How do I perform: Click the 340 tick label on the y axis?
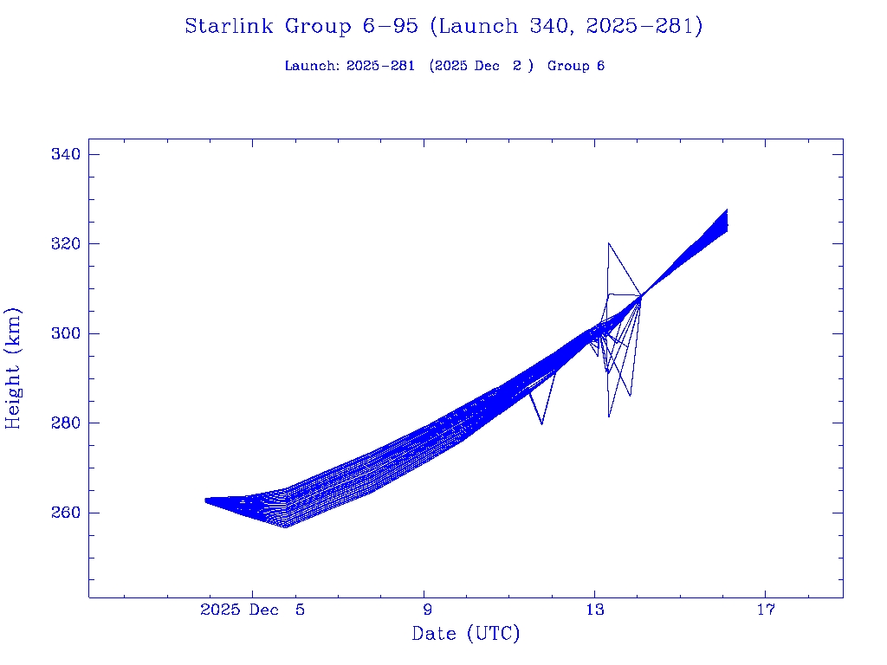pyautogui.click(x=67, y=154)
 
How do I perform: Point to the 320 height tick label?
pyautogui.click(x=67, y=244)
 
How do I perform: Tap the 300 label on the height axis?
pyautogui.click(x=67, y=333)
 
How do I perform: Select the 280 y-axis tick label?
pyautogui.click(x=67, y=423)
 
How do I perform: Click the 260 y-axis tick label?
pyautogui.click(x=67, y=513)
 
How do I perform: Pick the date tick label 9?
pyautogui.click(x=425, y=610)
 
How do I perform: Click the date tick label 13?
pyautogui.click(x=594, y=610)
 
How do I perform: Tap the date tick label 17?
pyautogui.click(x=765, y=610)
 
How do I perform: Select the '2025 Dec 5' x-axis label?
pyautogui.click(x=252, y=610)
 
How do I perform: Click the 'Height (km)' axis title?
pyautogui.click(x=13, y=368)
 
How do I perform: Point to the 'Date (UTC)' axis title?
pyautogui.click(x=466, y=634)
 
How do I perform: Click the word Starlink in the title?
pyautogui.click(x=230, y=26)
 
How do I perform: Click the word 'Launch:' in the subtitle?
pyautogui.click(x=312, y=66)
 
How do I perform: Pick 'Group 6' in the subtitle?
pyautogui.click(x=576, y=66)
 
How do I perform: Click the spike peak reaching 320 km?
pyautogui.click(x=609, y=243)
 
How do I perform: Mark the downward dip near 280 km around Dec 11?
pyautogui.click(x=541, y=423)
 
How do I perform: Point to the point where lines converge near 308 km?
pyautogui.click(x=640, y=296)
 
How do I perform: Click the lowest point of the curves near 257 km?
pyautogui.click(x=285, y=526)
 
